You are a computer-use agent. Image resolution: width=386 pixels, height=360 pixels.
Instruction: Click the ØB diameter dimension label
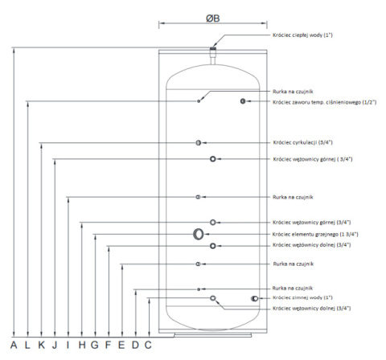point(213,18)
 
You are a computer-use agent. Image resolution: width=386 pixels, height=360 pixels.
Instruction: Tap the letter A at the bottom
point(14,345)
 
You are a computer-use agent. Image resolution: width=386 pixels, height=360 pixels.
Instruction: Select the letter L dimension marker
point(27,345)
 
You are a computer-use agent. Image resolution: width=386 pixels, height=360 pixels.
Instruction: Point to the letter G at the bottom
point(95,345)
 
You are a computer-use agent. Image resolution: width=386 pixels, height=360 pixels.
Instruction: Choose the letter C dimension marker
point(148,345)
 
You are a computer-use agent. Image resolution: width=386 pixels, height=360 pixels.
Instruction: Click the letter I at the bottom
point(68,345)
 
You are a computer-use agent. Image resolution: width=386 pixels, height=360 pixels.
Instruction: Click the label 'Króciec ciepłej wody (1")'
point(302,35)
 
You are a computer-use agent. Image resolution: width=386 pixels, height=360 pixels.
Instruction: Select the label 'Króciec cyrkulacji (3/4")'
point(303,142)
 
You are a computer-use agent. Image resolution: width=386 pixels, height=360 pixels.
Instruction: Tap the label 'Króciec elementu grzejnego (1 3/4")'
point(315,235)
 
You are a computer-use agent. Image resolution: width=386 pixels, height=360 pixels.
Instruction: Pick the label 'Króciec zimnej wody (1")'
point(302,297)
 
